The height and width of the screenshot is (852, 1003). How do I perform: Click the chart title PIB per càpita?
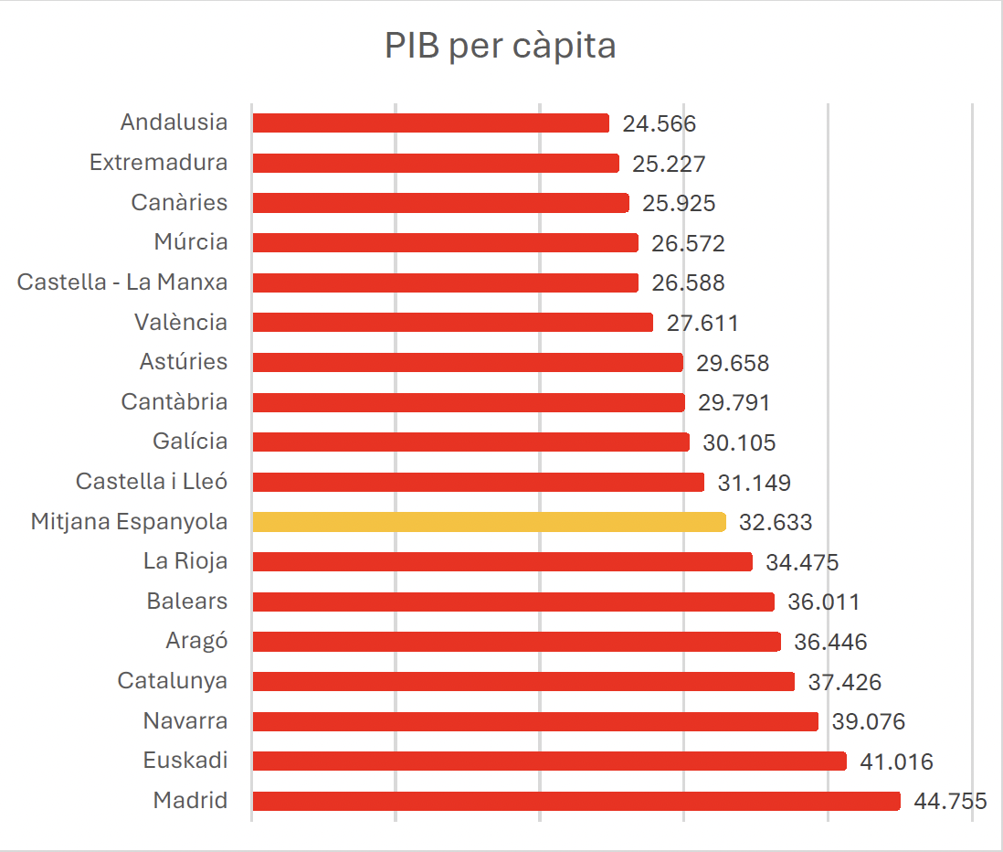[x=501, y=46]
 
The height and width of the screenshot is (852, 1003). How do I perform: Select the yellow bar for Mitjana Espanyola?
[x=490, y=522]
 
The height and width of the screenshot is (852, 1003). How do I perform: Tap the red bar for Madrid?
[x=576, y=802]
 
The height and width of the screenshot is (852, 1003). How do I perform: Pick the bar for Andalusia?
[x=430, y=122]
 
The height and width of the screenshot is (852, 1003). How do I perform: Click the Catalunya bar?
[x=523, y=682]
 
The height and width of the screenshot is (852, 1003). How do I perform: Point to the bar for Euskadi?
[x=550, y=761]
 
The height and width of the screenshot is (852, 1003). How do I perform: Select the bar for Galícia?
[x=470, y=442]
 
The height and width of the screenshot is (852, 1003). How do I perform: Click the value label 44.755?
[x=951, y=802]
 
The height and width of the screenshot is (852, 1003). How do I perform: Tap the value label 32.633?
[x=776, y=522]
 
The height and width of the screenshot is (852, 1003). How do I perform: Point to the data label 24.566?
[x=660, y=123]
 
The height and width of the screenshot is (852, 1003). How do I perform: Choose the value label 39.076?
[x=869, y=722]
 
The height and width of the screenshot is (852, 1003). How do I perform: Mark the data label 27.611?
[x=702, y=324]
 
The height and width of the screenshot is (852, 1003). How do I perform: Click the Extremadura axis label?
[x=159, y=163]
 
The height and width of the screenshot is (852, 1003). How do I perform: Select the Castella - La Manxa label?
[x=122, y=282]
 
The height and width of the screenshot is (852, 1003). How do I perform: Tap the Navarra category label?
[x=185, y=721]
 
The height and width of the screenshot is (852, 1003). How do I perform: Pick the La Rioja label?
[x=185, y=561]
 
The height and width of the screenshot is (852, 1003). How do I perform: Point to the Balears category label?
[x=187, y=602]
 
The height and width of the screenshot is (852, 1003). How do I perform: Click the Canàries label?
[x=180, y=202]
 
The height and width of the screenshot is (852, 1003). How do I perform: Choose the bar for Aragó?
[x=517, y=642]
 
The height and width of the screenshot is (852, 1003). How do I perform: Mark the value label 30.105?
[x=739, y=443]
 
